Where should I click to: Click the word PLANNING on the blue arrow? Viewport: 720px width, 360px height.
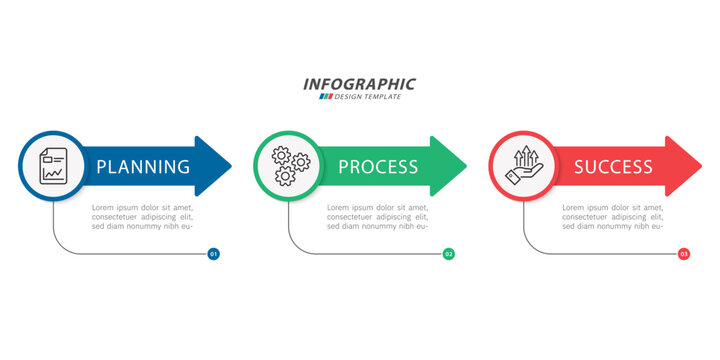tap(143, 167)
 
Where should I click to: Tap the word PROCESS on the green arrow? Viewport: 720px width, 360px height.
tap(378, 167)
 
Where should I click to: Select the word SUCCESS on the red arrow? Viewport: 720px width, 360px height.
tap(613, 167)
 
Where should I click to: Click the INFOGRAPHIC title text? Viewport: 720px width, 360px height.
tap(359, 84)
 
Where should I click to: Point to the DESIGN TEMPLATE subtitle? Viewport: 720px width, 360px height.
tap(367, 97)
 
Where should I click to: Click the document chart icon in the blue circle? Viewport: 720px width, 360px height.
tap(53, 166)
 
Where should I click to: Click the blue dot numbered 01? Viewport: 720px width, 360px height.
tap(213, 254)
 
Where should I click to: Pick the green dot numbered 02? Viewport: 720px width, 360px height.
tap(449, 254)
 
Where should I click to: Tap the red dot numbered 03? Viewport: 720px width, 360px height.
tap(684, 254)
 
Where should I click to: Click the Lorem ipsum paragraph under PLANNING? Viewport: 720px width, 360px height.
tap(142, 216)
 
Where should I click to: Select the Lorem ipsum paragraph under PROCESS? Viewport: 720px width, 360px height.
tap(378, 216)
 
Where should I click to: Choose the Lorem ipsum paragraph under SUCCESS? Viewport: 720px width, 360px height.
tap(613, 216)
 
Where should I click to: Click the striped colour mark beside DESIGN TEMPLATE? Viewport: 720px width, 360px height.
tap(325, 97)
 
